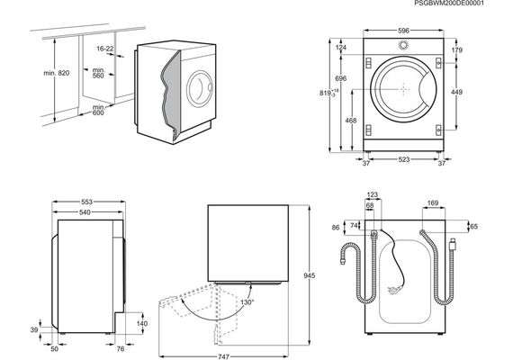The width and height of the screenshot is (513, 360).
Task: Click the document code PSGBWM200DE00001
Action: [x=448, y=3]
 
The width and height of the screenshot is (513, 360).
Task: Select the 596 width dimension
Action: [x=403, y=31]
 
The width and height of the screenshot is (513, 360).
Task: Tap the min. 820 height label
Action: [x=57, y=73]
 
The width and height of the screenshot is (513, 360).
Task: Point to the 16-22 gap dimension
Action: [x=105, y=49]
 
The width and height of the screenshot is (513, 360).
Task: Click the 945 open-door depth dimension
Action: [x=310, y=275]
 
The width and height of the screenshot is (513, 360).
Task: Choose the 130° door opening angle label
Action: [x=247, y=302]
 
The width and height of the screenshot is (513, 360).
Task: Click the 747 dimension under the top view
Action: [x=223, y=356]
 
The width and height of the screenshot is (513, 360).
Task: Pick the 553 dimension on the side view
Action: [x=87, y=202]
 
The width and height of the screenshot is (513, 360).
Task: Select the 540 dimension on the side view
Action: [x=85, y=212]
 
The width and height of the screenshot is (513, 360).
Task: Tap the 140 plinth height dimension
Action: [x=142, y=323]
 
